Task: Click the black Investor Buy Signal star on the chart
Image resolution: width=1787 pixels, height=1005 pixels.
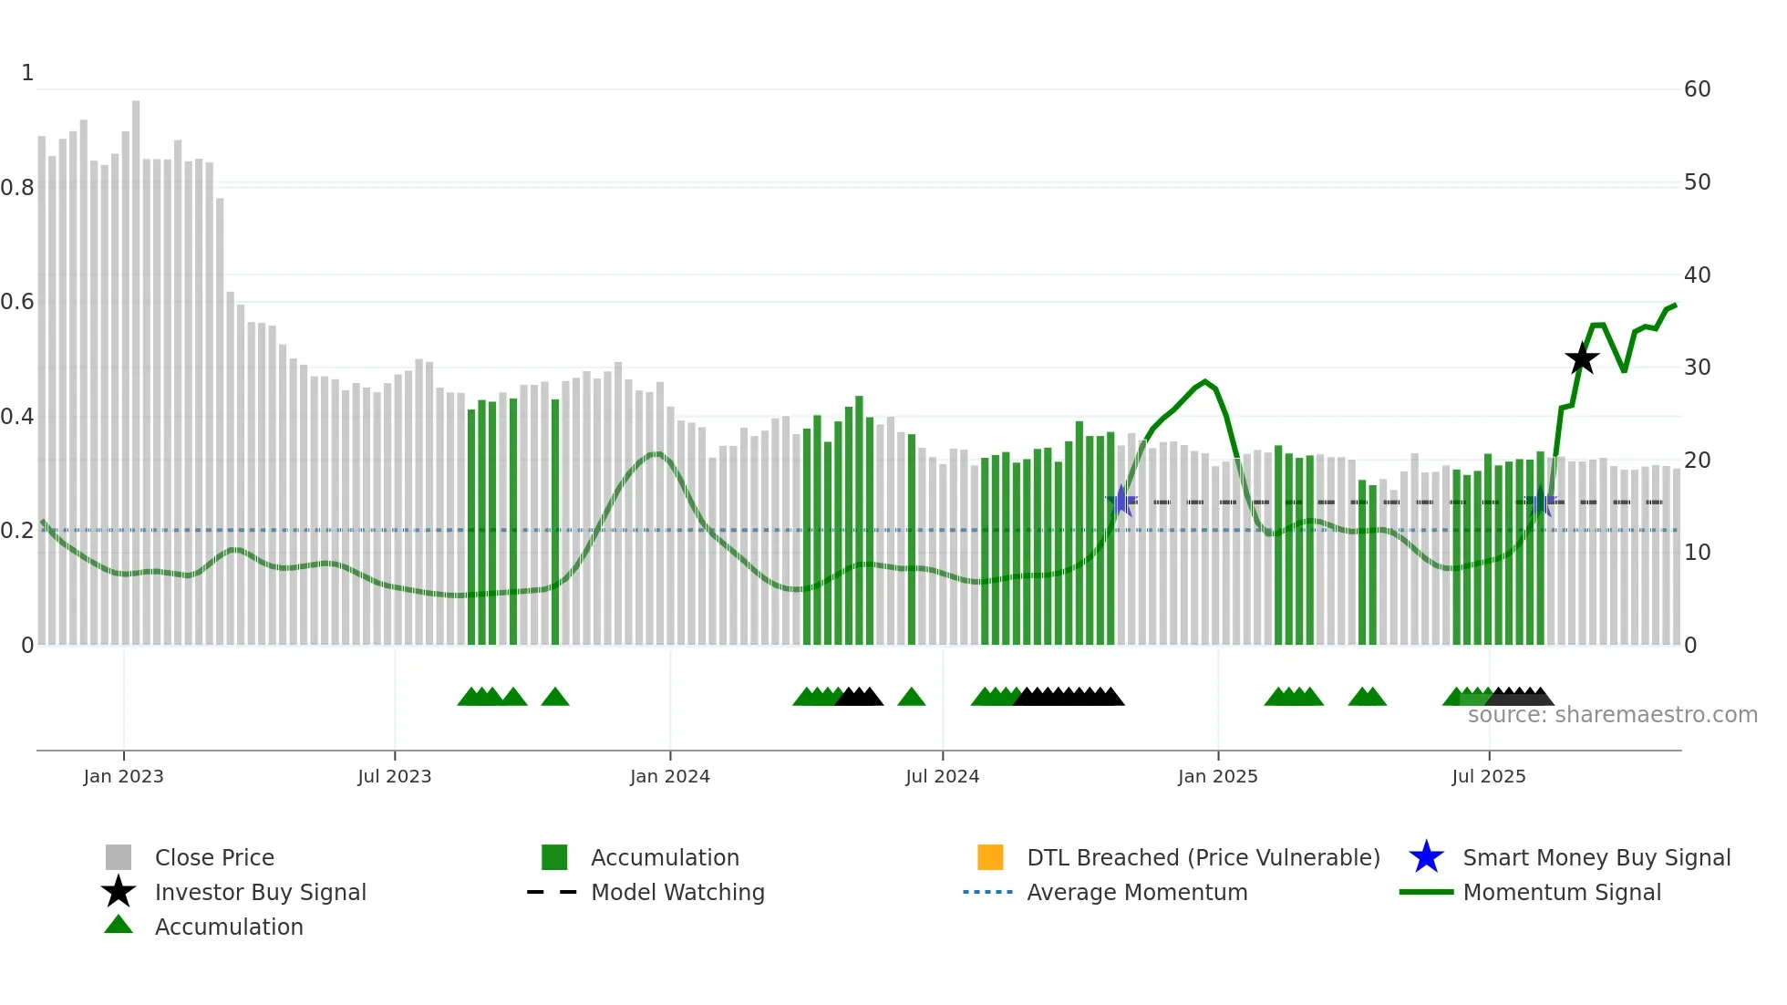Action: point(1582,358)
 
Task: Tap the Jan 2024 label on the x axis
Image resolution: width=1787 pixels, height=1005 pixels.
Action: point(669,776)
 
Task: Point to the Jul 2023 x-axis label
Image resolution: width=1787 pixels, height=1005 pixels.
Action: point(394,776)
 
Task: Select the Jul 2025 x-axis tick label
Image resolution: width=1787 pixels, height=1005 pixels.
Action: point(1488,776)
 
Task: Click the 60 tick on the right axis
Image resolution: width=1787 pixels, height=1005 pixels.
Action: point(1697,89)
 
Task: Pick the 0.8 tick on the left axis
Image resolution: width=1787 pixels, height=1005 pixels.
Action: point(17,188)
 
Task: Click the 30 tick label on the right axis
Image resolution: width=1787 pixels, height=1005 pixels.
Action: point(1697,368)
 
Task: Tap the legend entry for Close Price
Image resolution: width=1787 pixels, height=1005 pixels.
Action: point(214,857)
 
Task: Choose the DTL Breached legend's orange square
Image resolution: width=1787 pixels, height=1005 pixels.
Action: point(990,857)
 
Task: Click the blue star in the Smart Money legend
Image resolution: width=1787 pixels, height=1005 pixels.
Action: point(1426,857)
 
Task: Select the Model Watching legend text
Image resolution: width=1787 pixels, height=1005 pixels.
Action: point(677,892)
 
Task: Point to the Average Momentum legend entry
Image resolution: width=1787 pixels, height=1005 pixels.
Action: point(1136,892)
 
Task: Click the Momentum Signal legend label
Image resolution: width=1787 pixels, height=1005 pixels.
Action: point(1561,892)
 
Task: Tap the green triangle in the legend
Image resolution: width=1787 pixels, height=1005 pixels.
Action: point(119,925)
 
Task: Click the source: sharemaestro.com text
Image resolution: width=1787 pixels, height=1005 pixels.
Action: point(1612,715)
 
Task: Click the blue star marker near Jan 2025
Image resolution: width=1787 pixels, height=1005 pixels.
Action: point(1121,501)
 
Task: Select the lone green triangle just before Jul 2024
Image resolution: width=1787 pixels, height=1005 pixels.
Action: point(911,698)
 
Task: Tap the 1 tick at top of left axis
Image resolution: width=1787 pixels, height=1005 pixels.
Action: point(27,73)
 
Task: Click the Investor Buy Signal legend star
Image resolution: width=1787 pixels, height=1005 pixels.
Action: point(119,892)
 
